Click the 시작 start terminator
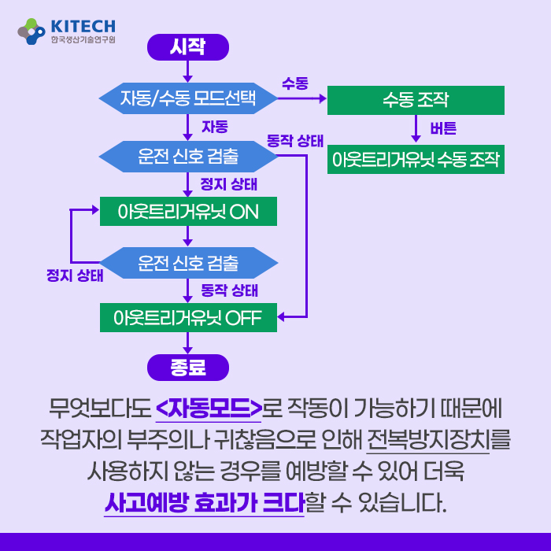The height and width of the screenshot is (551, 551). (188, 47)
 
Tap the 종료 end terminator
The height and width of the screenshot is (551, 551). (188, 368)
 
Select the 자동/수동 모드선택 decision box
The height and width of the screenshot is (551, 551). (188, 98)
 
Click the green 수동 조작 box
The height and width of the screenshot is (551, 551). (416, 100)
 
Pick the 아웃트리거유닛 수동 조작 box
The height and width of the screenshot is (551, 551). (416, 159)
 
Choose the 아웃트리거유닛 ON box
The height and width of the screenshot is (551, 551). (188, 211)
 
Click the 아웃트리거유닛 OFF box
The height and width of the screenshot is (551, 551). (188, 318)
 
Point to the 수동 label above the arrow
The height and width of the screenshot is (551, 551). (295, 83)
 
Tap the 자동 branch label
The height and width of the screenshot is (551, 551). (215, 127)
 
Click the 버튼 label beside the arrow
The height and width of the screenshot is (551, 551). (443, 128)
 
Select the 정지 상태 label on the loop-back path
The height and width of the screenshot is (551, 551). (75, 275)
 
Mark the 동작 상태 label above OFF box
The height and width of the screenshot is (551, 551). (230, 290)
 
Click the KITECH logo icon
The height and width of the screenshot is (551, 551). (31, 31)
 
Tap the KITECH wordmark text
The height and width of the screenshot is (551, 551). (83, 26)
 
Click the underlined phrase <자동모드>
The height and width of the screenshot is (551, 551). (209, 408)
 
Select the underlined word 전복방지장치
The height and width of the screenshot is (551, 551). (428, 439)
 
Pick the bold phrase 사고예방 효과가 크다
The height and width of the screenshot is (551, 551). (204, 502)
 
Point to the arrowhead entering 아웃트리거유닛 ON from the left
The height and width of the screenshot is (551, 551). (95, 210)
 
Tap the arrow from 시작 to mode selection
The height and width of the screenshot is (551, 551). (188, 72)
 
